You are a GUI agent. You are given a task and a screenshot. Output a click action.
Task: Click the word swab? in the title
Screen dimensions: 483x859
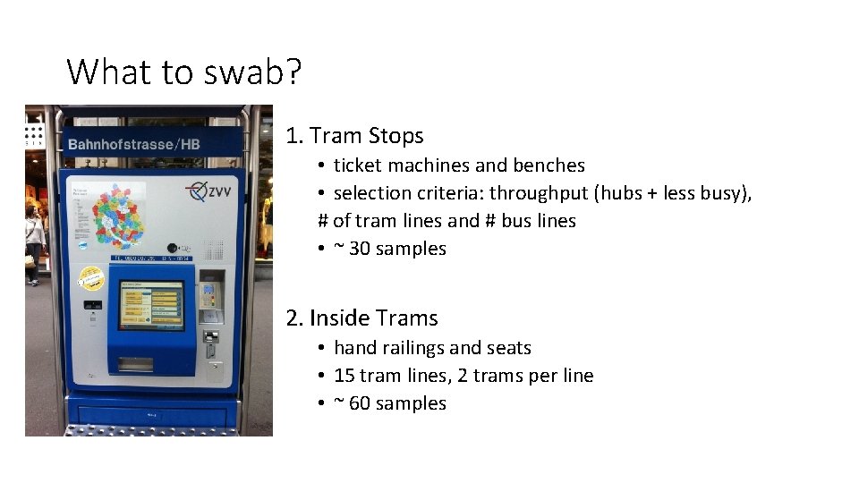[x=253, y=72]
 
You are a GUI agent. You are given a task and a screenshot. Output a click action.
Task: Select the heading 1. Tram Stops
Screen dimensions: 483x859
[x=354, y=136]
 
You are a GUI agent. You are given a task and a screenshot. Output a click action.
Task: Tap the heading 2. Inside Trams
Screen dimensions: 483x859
[x=361, y=318]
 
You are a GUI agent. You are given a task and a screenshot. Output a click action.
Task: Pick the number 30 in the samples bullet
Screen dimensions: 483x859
[x=359, y=249]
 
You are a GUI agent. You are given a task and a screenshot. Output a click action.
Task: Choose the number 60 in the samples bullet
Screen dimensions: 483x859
[x=359, y=403]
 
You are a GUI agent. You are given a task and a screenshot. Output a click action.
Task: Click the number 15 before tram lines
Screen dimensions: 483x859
[x=344, y=376]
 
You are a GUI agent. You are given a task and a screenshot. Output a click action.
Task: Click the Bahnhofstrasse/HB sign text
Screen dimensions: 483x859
[x=133, y=144]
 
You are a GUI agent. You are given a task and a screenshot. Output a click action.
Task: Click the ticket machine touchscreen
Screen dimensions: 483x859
[x=150, y=304]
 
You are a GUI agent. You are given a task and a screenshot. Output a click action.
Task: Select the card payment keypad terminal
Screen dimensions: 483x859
[x=209, y=299]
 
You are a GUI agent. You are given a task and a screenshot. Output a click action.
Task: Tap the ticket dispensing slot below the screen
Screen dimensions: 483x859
[x=137, y=363]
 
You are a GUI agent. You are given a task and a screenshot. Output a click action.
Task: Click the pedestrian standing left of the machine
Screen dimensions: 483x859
[x=34, y=241]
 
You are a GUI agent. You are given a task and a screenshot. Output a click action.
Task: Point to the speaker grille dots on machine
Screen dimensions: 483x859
[x=213, y=248]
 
